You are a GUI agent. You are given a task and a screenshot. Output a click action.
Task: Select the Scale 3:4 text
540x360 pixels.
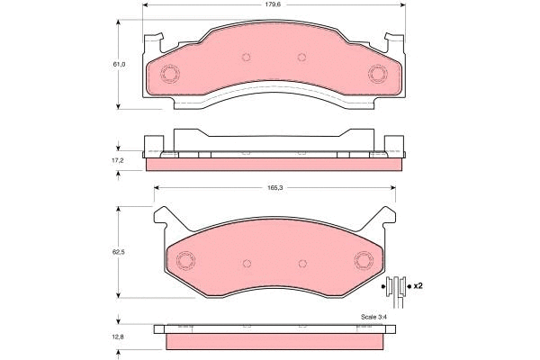pyautogui.click(x=373, y=316)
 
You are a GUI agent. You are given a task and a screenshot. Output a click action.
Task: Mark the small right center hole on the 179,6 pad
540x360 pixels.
pyautogui.click(x=301, y=56)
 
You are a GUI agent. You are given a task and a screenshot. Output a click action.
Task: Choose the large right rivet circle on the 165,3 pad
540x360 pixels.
pyautogui.click(x=364, y=261)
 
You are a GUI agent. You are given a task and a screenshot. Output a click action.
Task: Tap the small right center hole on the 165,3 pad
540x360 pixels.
pyautogui.click(x=301, y=262)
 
